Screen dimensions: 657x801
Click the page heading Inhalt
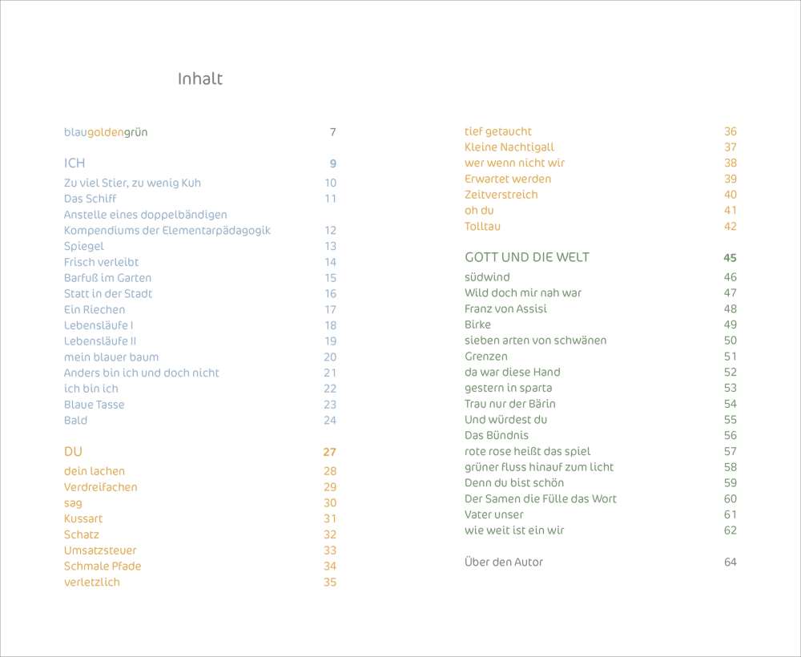(199, 79)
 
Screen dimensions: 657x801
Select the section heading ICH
(74, 163)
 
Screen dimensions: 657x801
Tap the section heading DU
(73, 452)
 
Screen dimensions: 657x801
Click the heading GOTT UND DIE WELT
(526, 257)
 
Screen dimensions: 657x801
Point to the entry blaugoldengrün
(106, 131)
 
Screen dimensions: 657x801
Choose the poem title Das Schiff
(90, 198)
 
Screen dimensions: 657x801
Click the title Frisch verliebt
(101, 262)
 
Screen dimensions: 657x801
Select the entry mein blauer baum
(111, 357)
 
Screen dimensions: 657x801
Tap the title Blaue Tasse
(94, 405)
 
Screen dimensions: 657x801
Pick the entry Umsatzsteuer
(100, 550)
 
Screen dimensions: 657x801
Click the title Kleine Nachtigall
(509, 147)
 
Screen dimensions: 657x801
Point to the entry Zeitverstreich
(501, 195)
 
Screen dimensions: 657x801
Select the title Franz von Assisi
(505, 308)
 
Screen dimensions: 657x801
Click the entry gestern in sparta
(508, 388)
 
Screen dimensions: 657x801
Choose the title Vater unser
(493, 514)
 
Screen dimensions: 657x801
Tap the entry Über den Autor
(503, 562)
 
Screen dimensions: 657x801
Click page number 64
(730, 562)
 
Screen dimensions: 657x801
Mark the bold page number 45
(730, 258)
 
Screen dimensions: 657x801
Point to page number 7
(332, 132)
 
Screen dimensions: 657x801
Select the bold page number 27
(329, 453)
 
